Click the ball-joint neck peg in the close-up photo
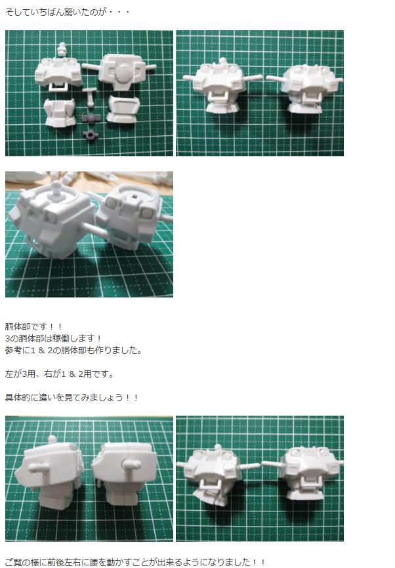click(54, 190)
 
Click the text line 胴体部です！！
click(33, 327)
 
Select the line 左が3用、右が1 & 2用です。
click(59, 374)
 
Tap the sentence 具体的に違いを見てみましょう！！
click(72, 397)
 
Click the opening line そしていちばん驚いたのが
click(56, 12)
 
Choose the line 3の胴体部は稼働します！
click(53, 339)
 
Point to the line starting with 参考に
click(73, 350)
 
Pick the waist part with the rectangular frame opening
click(123, 108)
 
